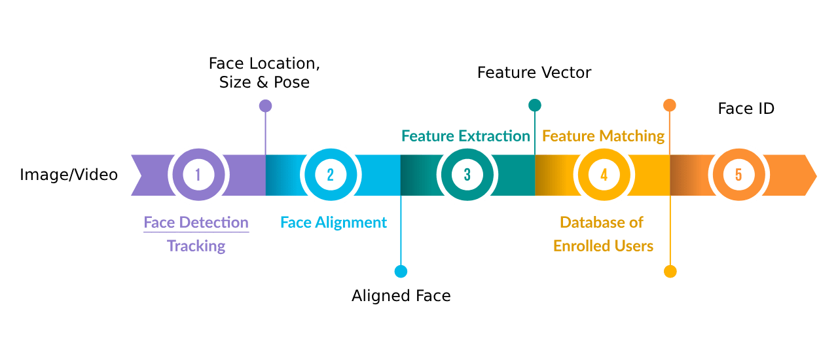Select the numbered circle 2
click(330, 175)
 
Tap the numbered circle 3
click(467, 175)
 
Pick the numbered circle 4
click(604, 175)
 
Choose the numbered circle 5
click(738, 175)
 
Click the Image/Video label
click(69, 175)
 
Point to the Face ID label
click(746, 109)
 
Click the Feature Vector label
click(534, 73)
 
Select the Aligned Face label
click(401, 296)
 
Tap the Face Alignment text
click(333, 223)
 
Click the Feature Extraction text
click(465, 136)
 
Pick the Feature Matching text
click(603, 136)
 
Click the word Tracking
click(196, 246)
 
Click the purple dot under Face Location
click(265, 106)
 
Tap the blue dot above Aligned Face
click(401, 271)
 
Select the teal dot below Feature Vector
click(534, 105)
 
